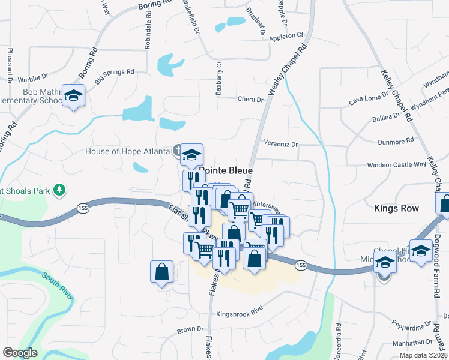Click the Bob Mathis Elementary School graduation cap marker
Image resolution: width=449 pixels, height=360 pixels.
point(73,96)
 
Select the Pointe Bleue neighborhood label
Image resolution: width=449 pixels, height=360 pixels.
point(226,170)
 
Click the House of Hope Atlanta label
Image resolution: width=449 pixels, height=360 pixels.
point(127,151)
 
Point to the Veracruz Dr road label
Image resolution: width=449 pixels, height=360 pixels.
point(281,144)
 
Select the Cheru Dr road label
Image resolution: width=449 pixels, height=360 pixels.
point(251,100)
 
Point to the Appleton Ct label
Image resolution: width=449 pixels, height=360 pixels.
point(287,36)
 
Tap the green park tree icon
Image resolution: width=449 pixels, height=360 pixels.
point(59,191)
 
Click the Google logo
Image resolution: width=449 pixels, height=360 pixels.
point(19,353)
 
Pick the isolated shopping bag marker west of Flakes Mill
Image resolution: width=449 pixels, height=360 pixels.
point(162,272)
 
